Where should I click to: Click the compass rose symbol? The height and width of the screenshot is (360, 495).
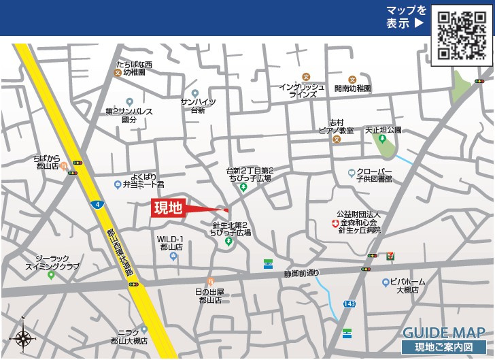point(24,337)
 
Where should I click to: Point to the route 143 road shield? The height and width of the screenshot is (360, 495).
point(349,303)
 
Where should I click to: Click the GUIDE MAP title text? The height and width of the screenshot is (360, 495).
point(443,333)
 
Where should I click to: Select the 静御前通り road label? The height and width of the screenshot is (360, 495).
point(301,274)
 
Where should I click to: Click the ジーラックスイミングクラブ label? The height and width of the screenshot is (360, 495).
point(52,262)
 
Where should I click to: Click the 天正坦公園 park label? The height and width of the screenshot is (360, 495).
point(383,129)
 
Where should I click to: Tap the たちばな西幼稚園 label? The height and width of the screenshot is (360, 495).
point(134,69)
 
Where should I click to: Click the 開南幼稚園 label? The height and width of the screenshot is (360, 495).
point(352,88)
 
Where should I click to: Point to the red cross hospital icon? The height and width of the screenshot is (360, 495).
point(335,223)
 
